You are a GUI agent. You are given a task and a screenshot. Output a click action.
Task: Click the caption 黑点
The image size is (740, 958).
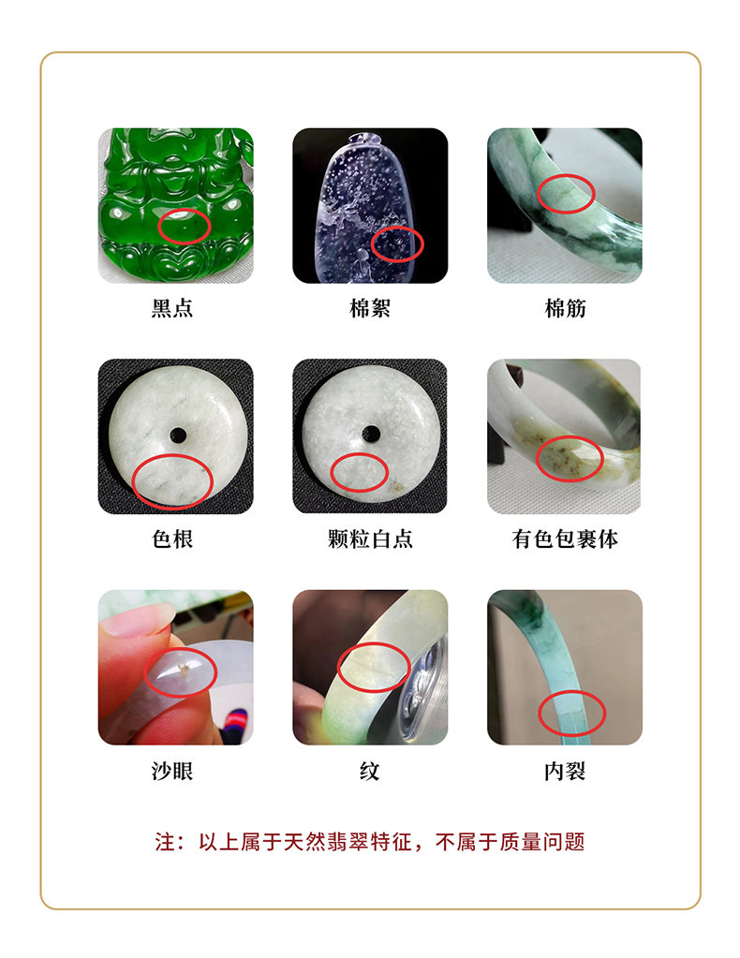tap(172, 308)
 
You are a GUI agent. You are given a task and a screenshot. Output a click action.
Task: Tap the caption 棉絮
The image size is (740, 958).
tap(370, 308)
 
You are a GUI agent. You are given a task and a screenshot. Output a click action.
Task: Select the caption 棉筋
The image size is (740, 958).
tap(565, 308)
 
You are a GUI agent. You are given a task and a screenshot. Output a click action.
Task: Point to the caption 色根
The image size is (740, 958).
tap(172, 538)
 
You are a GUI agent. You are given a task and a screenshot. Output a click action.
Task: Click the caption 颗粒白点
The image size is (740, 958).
tap(370, 538)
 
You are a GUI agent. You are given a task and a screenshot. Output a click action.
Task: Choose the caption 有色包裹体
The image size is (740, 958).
tap(565, 538)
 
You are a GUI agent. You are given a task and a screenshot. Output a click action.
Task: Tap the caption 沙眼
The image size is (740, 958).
tap(172, 771)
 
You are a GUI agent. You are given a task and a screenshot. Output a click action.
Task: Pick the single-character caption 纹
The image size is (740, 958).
tap(370, 771)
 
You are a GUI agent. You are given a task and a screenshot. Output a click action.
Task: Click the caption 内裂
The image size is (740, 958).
tap(565, 771)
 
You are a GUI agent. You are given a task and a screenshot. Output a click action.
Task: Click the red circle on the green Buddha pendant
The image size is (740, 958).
tap(158, 227)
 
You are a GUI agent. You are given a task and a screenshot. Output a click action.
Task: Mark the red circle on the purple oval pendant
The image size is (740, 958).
tap(372, 244)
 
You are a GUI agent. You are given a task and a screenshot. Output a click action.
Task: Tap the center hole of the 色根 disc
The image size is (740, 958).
tap(178, 435)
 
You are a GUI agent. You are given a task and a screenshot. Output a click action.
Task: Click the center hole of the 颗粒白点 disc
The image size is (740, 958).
tap(371, 435)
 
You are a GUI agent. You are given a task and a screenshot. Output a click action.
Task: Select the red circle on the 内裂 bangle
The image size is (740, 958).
tap(539, 714)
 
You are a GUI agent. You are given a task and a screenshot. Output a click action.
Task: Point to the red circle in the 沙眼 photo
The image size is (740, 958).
tap(145, 672)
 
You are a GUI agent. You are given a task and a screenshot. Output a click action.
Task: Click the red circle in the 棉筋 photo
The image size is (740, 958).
tap(537, 194)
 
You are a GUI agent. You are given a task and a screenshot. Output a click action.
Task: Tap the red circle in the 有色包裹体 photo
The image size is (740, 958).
tap(536, 459)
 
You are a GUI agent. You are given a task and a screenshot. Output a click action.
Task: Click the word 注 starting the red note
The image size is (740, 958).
tap(165, 842)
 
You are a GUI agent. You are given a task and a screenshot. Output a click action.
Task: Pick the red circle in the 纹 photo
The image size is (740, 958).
tap(338, 667)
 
